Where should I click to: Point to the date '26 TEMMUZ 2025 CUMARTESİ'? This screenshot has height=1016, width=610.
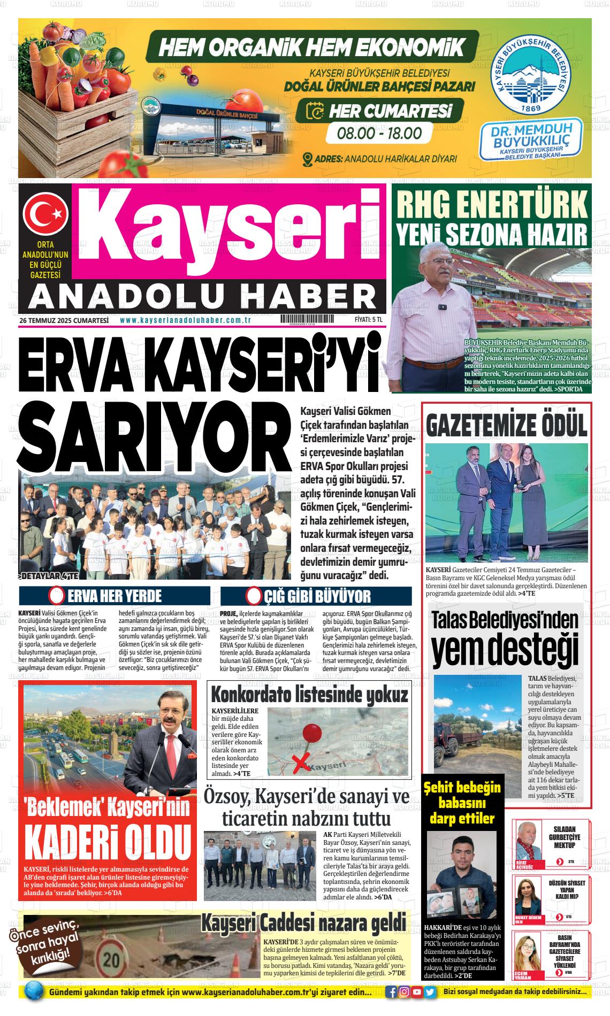click(64, 320)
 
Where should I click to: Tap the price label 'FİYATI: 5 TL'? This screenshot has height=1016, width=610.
click(369, 320)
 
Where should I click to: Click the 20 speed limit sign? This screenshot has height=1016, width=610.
click(111, 959)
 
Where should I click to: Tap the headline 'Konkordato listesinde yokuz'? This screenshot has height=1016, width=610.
click(310, 695)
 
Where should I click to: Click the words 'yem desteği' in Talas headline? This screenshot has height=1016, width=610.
click(505, 650)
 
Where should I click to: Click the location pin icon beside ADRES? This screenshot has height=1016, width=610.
click(307, 159)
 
